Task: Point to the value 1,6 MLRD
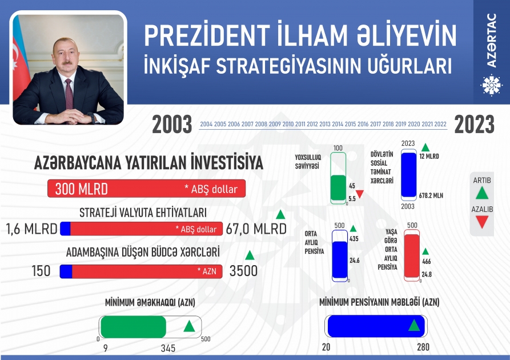[32, 229]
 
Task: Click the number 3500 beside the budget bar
[243, 271]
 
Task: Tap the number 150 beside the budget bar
[41, 271]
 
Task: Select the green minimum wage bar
[133, 327]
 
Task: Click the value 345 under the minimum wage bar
[168, 348]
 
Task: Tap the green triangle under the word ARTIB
[482, 193]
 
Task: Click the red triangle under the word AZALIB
[482, 223]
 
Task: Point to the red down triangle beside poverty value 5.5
[360, 195]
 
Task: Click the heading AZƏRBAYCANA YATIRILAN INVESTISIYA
[148, 163]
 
